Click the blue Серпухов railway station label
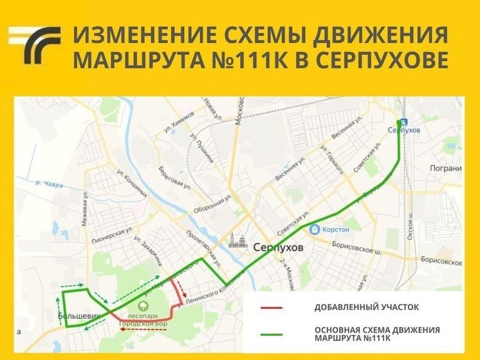coord(404,130)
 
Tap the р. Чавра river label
coord(49,184)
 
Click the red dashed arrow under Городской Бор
coord(144,328)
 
